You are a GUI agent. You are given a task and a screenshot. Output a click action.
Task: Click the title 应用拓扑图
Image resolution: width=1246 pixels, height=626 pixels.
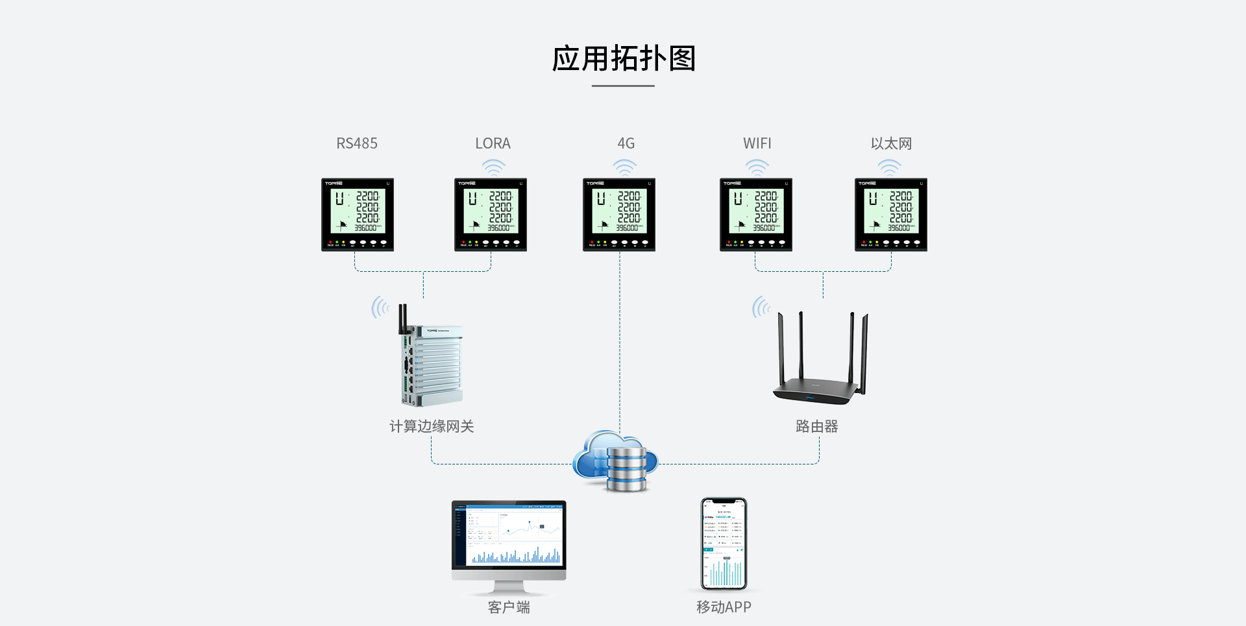624,58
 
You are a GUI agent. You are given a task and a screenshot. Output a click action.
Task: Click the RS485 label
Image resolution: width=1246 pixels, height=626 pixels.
357,143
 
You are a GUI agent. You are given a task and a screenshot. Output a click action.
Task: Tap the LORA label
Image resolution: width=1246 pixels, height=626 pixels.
493,143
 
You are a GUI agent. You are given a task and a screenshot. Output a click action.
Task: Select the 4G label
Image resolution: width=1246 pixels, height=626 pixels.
626,143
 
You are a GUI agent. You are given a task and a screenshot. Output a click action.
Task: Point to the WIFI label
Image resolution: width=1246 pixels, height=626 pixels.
757,143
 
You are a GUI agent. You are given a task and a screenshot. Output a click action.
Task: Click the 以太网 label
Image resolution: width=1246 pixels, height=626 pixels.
891,143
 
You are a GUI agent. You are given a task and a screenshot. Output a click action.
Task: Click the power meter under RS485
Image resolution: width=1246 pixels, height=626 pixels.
358,215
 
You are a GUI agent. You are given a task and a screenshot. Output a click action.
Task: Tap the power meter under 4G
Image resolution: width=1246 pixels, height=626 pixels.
619,215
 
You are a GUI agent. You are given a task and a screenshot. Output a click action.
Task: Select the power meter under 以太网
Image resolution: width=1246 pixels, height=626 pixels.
891,215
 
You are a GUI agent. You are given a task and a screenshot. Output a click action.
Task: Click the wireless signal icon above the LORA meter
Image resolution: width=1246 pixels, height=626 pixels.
494,167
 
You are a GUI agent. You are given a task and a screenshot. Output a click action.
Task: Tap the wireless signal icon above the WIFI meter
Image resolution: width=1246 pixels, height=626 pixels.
757,167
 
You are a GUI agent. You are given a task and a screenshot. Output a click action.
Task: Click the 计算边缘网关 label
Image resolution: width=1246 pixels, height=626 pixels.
432,426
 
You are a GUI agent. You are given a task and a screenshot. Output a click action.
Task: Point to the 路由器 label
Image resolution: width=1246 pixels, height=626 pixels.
817,426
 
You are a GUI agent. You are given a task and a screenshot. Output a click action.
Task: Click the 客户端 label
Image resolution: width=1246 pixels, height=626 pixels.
509,607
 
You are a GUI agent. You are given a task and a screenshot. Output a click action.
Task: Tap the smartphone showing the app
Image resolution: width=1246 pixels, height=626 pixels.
724,544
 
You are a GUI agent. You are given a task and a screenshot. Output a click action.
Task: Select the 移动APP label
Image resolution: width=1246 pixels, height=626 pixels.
724,607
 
